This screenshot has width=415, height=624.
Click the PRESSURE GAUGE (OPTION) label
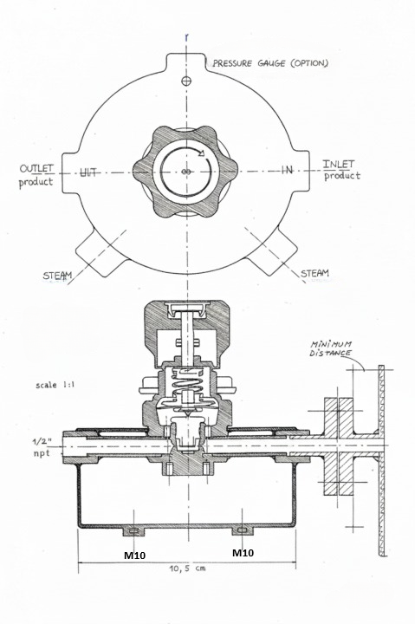point(270,63)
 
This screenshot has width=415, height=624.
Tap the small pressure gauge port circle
point(185,81)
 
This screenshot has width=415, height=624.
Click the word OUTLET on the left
point(36,168)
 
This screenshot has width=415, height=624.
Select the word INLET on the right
point(338,164)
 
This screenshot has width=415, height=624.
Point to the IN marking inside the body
point(287,170)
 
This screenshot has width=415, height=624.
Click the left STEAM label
point(58,276)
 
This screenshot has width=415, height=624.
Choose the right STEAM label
point(314,273)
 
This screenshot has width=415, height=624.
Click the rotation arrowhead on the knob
point(201,153)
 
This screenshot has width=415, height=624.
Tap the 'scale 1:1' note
point(55,385)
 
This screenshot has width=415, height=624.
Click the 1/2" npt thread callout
point(42,446)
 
